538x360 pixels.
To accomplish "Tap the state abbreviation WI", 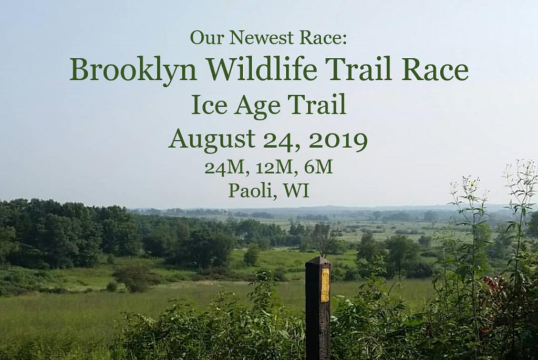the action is click(x=296, y=190).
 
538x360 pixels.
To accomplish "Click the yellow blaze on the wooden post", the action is click(x=325, y=285).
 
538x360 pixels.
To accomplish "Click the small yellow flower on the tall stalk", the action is click(x=473, y=183).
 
